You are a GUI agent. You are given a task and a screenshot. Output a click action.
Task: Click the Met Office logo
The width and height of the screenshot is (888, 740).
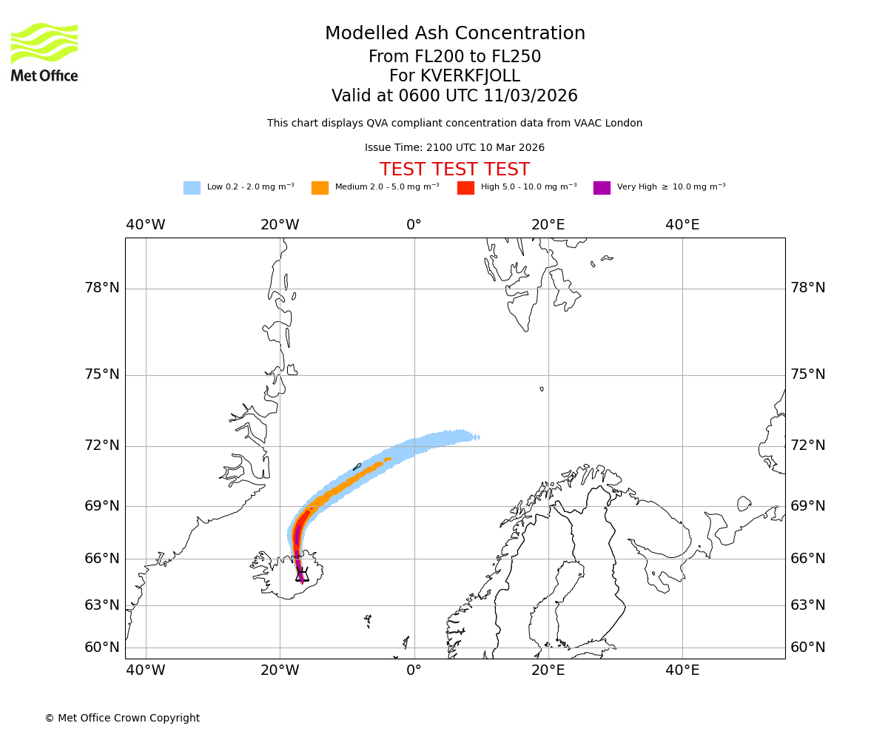click(x=44, y=52)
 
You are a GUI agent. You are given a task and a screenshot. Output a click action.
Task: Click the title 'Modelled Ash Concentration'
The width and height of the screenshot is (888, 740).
click(x=454, y=33)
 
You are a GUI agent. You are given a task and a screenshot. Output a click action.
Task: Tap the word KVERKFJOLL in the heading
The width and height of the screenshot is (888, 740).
click(x=470, y=76)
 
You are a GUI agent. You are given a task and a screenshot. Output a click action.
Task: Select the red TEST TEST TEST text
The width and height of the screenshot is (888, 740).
click(x=454, y=169)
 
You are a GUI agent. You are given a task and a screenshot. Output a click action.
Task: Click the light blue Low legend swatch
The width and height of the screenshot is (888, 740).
click(x=192, y=188)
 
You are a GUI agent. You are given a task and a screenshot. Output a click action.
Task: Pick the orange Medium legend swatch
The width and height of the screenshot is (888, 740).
click(x=320, y=188)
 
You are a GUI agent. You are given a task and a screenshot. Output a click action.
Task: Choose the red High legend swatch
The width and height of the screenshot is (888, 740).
click(x=465, y=188)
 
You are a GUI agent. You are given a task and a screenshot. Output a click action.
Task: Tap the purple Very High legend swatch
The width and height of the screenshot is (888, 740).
click(x=602, y=188)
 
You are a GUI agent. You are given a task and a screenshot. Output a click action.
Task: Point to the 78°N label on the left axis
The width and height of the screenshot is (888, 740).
click(x=102, y=288)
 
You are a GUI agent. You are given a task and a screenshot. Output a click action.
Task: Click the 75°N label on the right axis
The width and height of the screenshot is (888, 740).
click(x=808, y=374)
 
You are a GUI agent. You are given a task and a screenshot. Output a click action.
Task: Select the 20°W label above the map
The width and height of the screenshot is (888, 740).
click(x=280, y=225)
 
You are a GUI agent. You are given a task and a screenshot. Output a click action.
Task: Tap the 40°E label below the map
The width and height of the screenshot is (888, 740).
click(x=682, y=670)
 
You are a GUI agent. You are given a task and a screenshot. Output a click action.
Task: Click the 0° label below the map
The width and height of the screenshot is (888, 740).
click(x=414, y=670)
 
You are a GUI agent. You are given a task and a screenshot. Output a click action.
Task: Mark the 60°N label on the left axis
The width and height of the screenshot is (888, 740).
click(x=102, y=647)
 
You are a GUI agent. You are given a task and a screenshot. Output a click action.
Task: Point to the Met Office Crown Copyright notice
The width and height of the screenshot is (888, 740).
click(x=122, y=718)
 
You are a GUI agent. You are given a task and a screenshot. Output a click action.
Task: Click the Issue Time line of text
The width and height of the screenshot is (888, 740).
click(x=454, y=148)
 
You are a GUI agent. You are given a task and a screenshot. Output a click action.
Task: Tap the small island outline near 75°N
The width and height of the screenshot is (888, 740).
click(x=542, y=388)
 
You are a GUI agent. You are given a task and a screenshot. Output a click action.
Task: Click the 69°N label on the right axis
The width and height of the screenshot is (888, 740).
click(x=808, y=506)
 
